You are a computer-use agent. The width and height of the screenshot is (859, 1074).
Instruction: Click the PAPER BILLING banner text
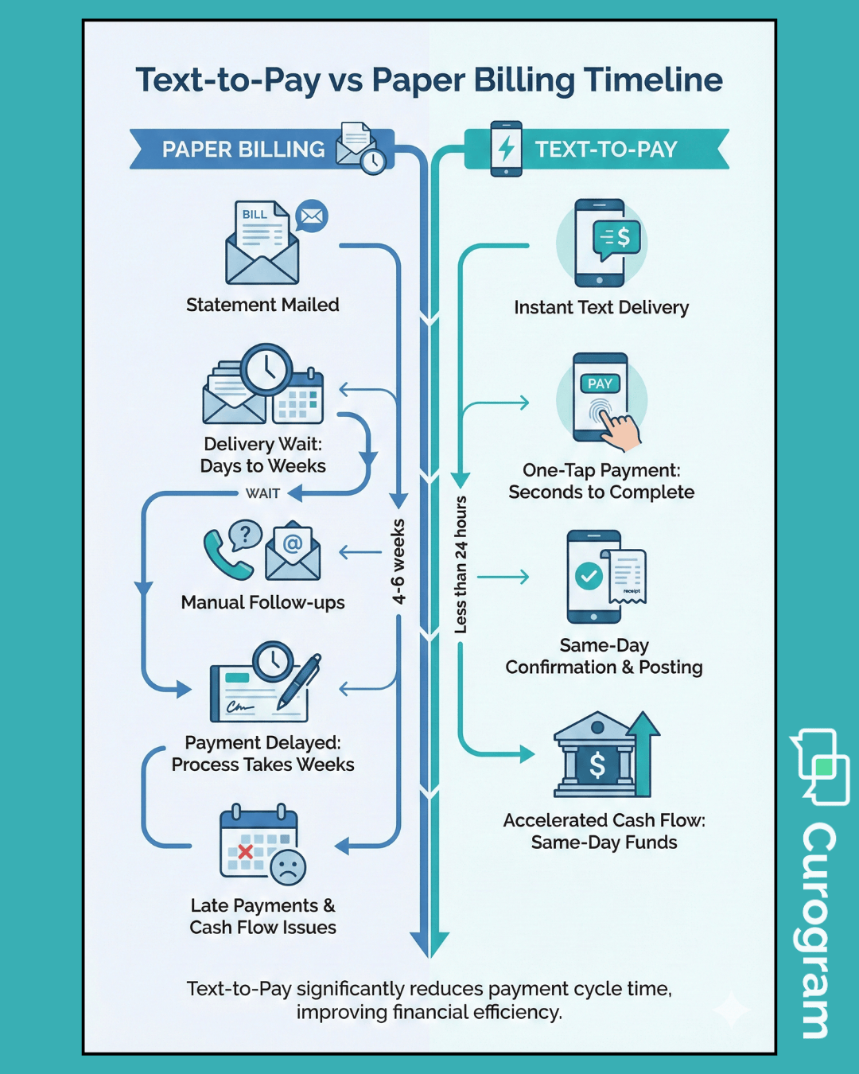click(243, 150)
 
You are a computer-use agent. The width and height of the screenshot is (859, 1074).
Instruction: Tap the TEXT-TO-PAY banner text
click(606, 150)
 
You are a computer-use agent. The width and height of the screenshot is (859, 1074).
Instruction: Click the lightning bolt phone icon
click(506, 149)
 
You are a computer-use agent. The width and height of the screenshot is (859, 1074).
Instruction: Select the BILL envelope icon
click(262, 243)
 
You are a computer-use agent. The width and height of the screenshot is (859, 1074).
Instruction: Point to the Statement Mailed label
click(262, 305)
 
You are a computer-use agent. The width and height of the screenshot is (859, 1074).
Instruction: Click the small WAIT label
click(262, 493)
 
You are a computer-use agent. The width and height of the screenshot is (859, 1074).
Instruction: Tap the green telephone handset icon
click(226, 555)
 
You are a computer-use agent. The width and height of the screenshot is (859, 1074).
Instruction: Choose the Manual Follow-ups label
click(262, 602)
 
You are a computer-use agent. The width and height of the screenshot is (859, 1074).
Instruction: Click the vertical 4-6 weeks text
click(398, 562)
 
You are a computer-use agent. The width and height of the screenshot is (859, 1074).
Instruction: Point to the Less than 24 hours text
click(461, 565)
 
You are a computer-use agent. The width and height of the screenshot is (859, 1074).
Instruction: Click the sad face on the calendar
click(288, 866)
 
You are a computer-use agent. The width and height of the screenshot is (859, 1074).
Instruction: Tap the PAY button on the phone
click(600, 383)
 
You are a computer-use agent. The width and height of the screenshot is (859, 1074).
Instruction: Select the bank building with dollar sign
click(597, 756)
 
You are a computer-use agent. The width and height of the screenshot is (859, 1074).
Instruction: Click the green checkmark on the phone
click(589, 575)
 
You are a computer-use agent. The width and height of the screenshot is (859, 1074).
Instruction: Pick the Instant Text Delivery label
click(601, 307)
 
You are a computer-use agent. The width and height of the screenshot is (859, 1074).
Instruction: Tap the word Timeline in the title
click(653, 80)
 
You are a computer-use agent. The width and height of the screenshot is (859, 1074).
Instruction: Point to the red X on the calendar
click(245, 852)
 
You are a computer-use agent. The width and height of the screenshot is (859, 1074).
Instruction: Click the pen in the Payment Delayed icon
click(300, 680)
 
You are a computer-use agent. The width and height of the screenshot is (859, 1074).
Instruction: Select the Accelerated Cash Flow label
click(604, 820)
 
